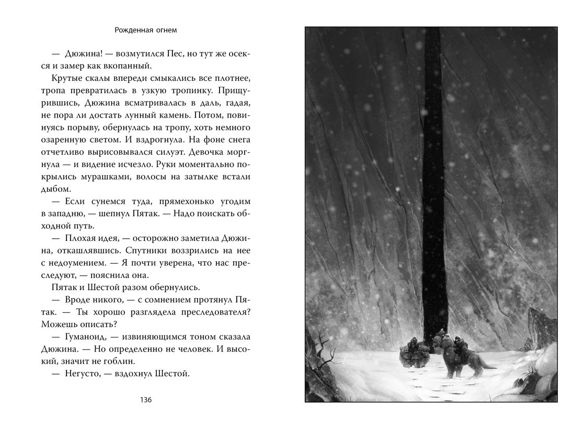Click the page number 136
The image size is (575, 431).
(x=146, y=400)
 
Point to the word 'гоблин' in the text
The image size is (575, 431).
(x=122, y=360)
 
